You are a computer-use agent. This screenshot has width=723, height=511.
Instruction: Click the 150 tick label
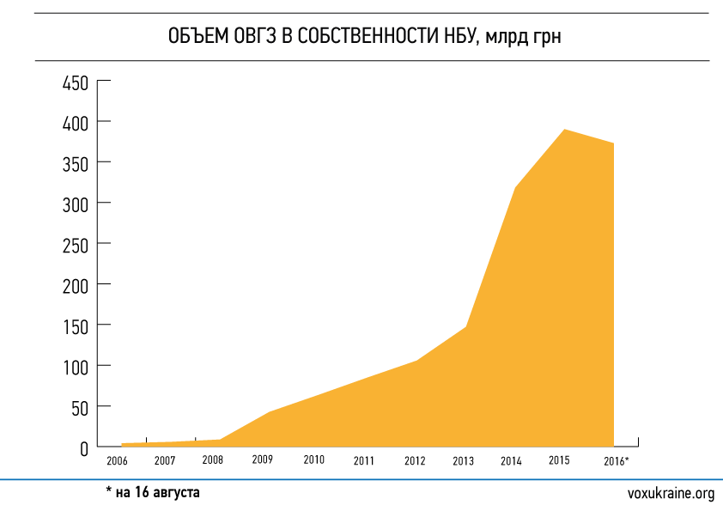point(76,326)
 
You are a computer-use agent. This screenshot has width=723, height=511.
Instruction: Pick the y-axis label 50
point(81,407)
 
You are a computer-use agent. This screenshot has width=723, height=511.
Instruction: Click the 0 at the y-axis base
point(85,447)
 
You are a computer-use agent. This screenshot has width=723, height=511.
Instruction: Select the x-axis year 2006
point(118,461)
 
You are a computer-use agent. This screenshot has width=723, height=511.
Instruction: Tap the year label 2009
point(263,459)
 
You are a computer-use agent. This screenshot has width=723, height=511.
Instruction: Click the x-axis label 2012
point(415,461)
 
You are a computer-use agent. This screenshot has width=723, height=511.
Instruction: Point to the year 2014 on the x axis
point(511,461)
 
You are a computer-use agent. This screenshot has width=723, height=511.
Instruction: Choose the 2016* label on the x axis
point(615,461)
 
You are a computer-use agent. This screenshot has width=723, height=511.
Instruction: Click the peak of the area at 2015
point(564,130)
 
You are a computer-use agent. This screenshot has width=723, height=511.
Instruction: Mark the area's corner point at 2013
point(466,327)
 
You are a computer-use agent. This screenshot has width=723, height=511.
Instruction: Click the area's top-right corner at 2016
point(614,143)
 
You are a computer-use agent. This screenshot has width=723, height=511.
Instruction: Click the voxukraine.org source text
point(671,493)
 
